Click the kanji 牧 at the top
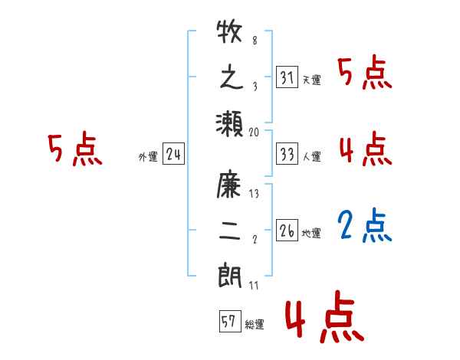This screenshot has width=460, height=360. (229, 35)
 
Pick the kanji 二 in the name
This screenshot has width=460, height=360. (229, 230)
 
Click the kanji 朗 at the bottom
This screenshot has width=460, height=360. (229, 274)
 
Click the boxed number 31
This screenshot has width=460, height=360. (286, 77)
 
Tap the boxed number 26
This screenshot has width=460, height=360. (286, 231)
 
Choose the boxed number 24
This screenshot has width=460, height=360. (173, 155)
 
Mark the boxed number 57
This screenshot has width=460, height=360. (228, 322)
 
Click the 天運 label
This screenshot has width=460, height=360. (311, 80)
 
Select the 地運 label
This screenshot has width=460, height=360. (311, 233)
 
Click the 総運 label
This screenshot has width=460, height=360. (254, 325)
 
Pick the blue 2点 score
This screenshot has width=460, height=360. (365, 224)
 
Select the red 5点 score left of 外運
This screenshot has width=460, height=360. (74, 149)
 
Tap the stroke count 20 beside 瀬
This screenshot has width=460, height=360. (255, 132)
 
